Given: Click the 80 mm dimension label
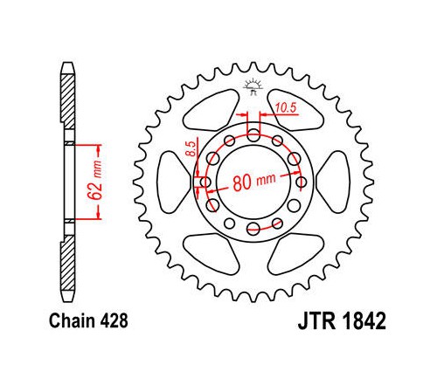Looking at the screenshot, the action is (x=254, y=182).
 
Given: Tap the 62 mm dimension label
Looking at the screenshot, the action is (x=96, y=180).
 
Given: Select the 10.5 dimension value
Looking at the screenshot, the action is (x=286, y=108).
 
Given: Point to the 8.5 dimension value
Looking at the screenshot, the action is (x=191, y=148).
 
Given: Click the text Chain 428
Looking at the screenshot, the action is (x=88, y=320).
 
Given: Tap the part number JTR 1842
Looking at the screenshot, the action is (x=342, y=320).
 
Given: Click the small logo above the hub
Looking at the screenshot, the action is (x=253, y=86).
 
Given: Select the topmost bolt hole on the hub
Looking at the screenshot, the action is (x=253, y=134).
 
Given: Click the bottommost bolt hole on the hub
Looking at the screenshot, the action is (x=253, y=228).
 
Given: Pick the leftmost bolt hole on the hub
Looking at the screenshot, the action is (x=205, y=182).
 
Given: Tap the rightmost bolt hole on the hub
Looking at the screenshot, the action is (x=302, y=182).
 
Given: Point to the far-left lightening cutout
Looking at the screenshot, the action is (x=172, y=182).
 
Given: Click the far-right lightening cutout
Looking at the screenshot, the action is (x=334, y=182).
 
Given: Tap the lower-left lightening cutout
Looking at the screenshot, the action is (x=212, y=254).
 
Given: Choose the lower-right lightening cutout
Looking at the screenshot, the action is (x=295, y=254).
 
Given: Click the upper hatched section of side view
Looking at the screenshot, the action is (x=68, y=102).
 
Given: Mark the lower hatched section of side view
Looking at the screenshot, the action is (x=68, y=263).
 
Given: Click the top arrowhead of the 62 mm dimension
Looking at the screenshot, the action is (x=98, y=150).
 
